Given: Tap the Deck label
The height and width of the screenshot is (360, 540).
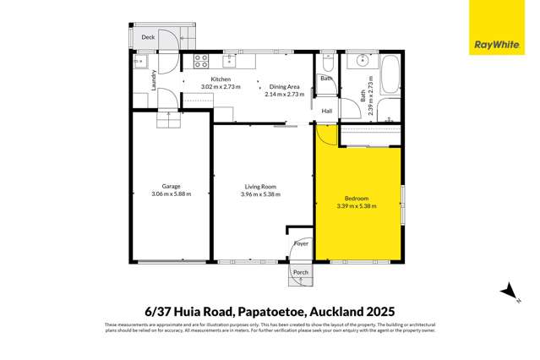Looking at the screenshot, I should [148, 37].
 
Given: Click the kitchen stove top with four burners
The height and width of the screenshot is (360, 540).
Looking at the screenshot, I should [202, 61].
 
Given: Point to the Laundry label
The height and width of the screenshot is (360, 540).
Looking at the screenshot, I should [153, 80].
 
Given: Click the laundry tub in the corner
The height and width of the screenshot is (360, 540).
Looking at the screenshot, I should [140, 61].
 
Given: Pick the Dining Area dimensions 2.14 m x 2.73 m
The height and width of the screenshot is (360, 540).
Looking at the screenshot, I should [283, 95].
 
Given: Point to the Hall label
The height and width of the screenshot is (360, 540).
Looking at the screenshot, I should [326, 110].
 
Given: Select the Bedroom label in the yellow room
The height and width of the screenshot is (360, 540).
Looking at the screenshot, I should [357, 197].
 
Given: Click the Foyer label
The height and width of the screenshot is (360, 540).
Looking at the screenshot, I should [301, 244].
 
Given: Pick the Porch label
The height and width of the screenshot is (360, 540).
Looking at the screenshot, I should [301, 272].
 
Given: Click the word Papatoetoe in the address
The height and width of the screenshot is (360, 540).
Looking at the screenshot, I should [271, 311].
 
